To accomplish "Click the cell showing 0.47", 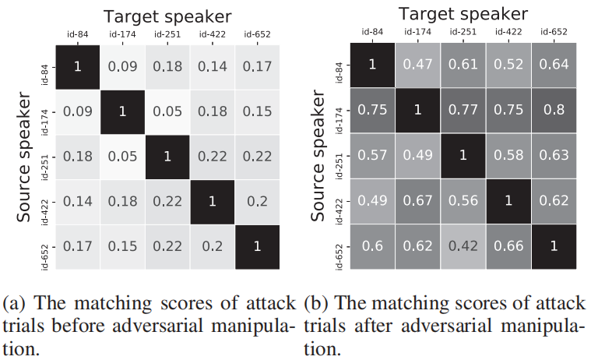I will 418,64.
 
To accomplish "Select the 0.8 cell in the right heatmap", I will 554,109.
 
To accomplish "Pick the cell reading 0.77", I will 463,109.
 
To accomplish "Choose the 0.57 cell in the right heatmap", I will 372,155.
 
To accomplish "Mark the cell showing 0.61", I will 463,64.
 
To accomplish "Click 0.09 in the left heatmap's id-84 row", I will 122,68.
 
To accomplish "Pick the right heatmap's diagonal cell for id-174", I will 418,109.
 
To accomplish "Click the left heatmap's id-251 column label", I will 167,35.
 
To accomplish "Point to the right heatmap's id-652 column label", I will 554,33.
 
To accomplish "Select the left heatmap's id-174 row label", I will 44,113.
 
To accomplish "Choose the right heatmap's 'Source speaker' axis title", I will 318,155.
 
